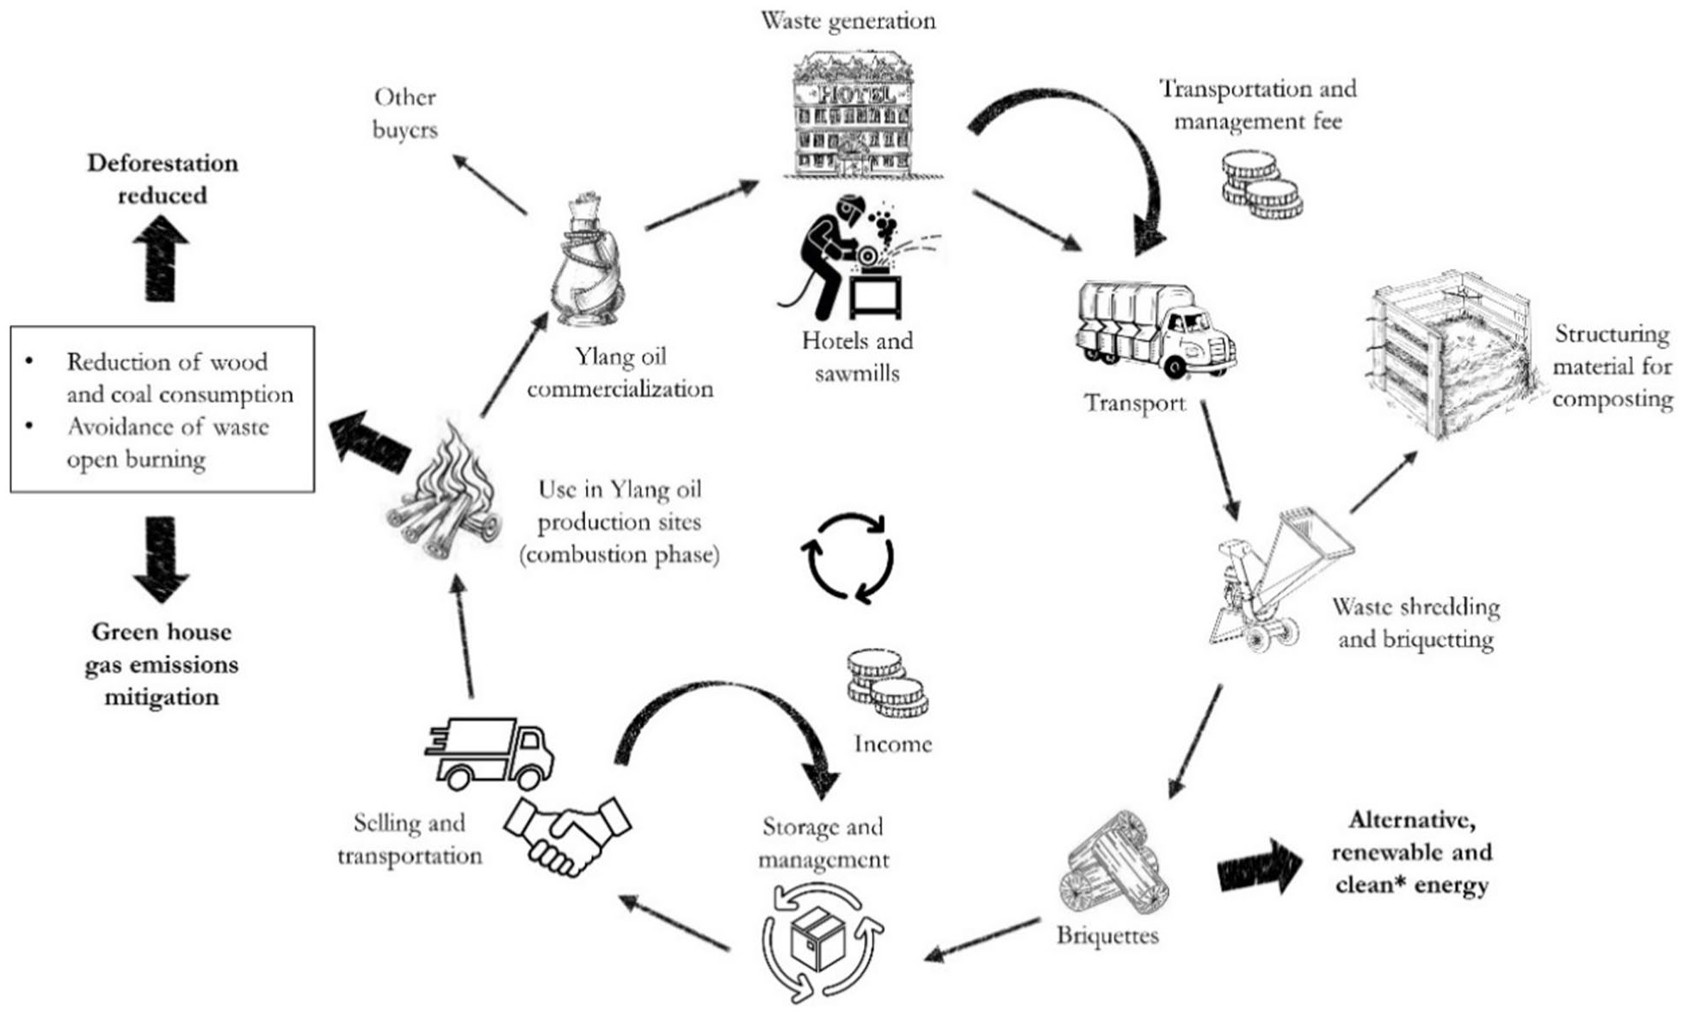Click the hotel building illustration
click(863, 115)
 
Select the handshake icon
click(567, 834)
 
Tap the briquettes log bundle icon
click(1115, 863)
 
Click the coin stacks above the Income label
click(887, 683)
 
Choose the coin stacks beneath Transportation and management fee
click(1261, 184)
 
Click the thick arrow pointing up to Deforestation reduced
click(161, 257)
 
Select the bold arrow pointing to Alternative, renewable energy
click(1261, 865)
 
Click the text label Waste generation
click(848, 20)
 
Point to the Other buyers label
click(404, 113)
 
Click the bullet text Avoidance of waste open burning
click(168, 443)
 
